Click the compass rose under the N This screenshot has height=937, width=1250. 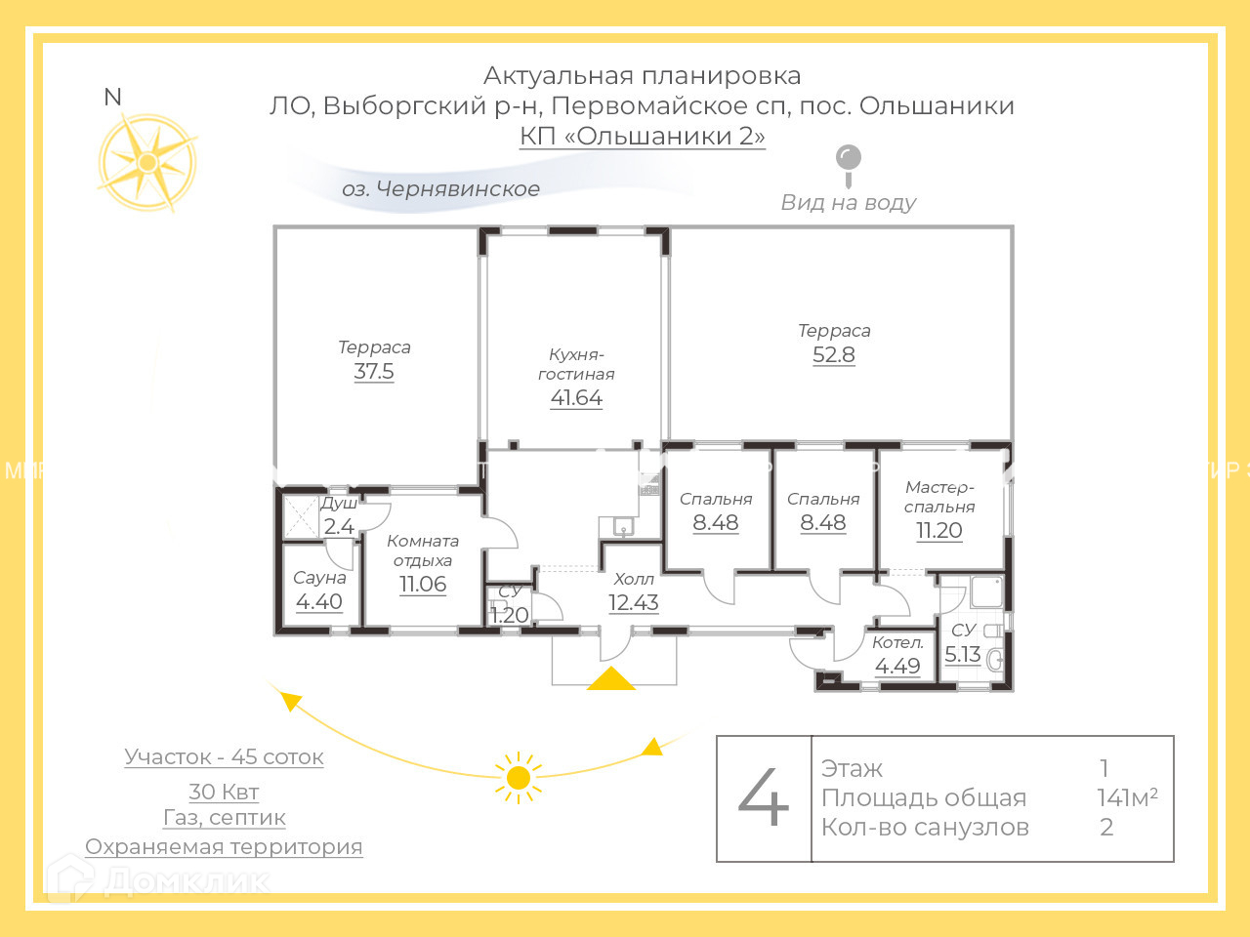[147, 162]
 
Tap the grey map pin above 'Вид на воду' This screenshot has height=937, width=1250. [849, 161]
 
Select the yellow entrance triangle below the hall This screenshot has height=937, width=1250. [610, 679]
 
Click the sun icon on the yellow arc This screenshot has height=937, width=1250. [519, 777]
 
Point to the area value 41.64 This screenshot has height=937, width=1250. [576, 398]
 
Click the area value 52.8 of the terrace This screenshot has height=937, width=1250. [833, 355]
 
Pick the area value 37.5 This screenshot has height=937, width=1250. [374, 372]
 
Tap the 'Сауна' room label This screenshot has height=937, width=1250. [319, 578]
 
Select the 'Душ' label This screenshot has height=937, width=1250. [339, 504]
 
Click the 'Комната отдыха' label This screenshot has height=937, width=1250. [423, 550]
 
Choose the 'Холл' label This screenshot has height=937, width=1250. [634, 580]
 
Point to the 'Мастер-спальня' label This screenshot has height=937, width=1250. [939, 497]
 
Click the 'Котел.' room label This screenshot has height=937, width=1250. [897, 642]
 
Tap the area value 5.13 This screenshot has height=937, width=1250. [962, 655]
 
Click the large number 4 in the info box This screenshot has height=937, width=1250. [764, 798]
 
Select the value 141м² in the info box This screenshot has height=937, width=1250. [1127, 797]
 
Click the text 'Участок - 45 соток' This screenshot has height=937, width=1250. [224, 757]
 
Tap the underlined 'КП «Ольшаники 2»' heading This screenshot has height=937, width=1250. [642, 136]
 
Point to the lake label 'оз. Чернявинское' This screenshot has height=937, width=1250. [440, 189]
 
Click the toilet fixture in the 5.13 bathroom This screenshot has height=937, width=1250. [995, 661]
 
